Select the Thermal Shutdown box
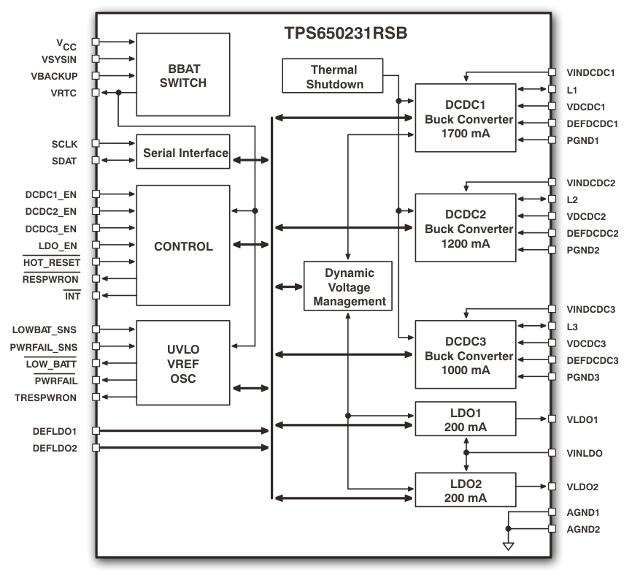click(334, 77)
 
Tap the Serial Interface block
click(183, 152)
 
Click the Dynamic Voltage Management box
click(348, 286)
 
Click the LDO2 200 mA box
click(465, 490)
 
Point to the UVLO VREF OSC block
click(183, 362)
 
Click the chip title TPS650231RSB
click(345, 34)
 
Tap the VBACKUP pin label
click(55, 76)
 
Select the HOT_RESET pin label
click(51, 262)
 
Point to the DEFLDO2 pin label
click(55, 447)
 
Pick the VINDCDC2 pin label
click(591, 183)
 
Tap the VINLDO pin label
click(584, 453)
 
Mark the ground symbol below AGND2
click(509, 545)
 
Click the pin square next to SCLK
click(95, 144)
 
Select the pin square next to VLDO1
click(551, 419)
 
